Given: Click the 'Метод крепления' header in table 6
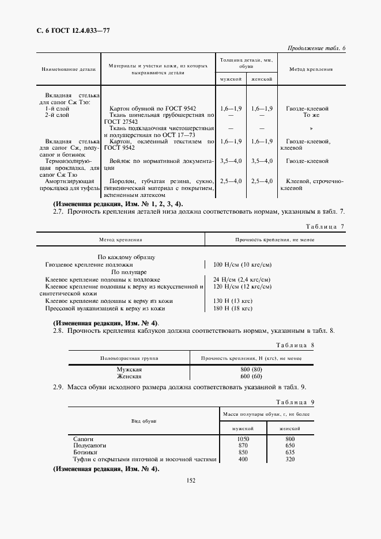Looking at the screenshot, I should (x=311, y=69).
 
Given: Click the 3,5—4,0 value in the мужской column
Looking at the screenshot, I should (x=231, y=162).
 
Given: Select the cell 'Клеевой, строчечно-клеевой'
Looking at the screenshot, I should (x=313, y=184).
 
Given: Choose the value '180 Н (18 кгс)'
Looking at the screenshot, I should (x=233, y=308).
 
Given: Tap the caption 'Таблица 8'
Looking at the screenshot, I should (x=295, y=345).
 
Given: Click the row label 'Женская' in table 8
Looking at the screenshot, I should (x=129, y=376).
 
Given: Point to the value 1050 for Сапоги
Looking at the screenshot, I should (x=243, y=439).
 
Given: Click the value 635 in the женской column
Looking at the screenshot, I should (x=290, y=453).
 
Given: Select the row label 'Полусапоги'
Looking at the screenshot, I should (x=88, y=446).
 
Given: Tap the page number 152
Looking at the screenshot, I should (x=191, y=481).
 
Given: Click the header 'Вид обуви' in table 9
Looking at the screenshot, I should (x=144, y=421).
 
